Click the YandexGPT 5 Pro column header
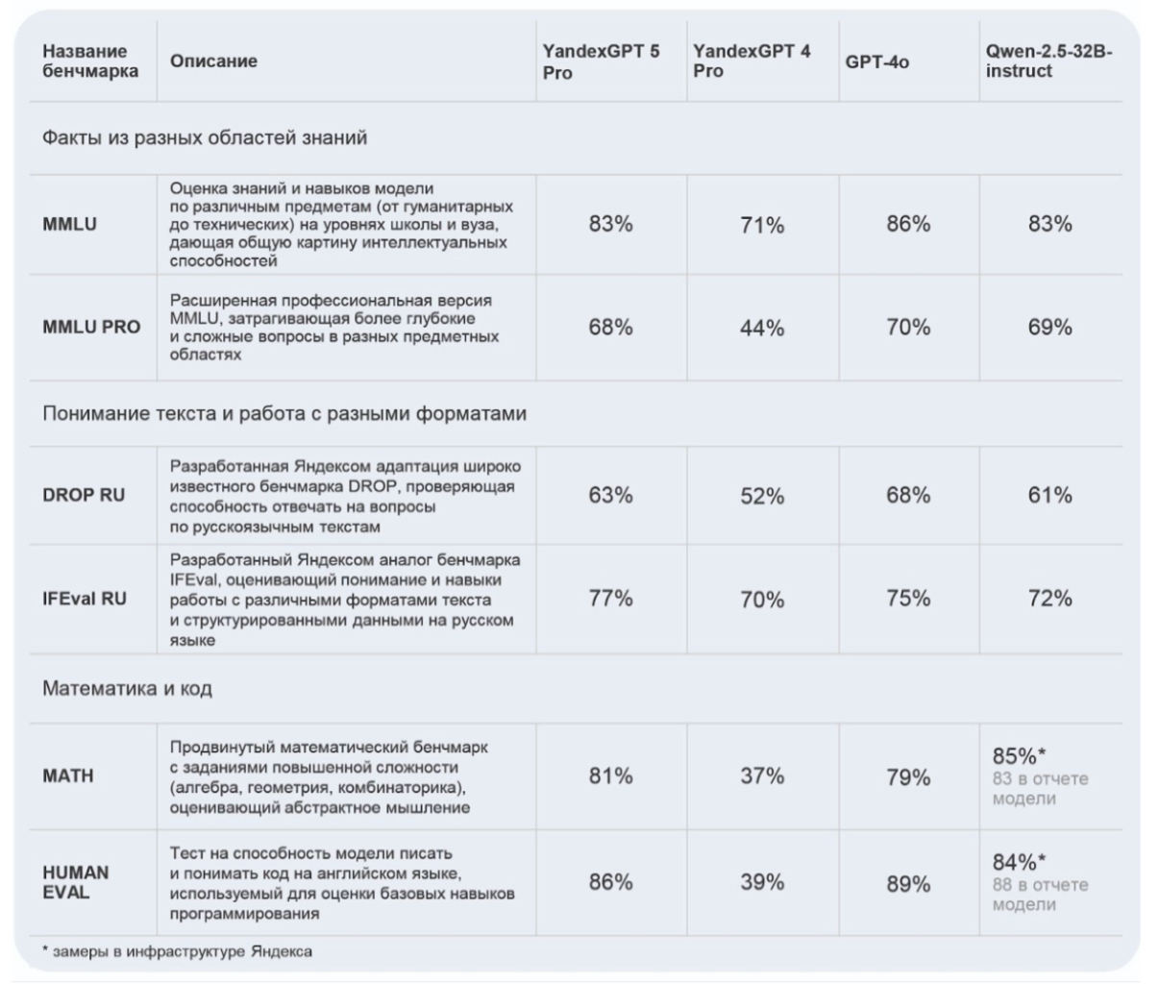point(601,61)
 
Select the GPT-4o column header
point(877,61)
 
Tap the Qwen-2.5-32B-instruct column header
point(1049,61)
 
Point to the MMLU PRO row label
point(91,327)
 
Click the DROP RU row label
point(84,495)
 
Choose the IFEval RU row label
point(85,599)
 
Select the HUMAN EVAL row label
point(76,882)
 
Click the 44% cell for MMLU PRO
point(762,328)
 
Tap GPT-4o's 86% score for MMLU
point(908,224)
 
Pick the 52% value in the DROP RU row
point(762,496)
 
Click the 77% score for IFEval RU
point(610,599)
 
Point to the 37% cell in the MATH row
point(762,776)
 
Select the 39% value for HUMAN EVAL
point(762,882)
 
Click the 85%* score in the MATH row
point(1019,756)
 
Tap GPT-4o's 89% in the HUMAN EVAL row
point(908,884)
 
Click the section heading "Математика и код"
point(127,689)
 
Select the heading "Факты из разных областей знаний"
point(205,138)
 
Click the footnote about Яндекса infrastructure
point(177,951)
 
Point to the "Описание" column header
point(213,61)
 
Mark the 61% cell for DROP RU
point(1049,495)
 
